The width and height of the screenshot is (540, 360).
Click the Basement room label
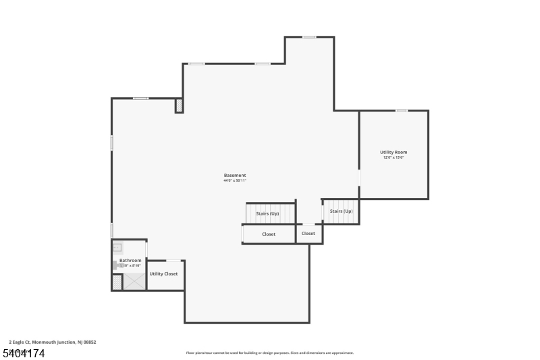(235, 176)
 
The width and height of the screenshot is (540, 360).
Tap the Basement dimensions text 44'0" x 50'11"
(235, 181)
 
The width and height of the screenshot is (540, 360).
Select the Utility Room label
(394, 152)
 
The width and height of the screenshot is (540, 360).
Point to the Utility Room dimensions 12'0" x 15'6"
(394, 157)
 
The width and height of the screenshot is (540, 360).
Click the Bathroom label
(130, 260)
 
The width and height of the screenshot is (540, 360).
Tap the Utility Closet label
(163, 274)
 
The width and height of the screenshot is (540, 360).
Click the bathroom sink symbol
(117, 248)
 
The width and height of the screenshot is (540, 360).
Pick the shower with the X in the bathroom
(134, 282)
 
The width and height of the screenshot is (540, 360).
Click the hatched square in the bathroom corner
(117, 282)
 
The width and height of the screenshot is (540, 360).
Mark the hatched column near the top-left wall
(179, 105)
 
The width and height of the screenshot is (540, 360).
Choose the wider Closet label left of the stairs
(269, 234)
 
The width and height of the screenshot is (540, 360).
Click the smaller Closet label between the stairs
(308, 234)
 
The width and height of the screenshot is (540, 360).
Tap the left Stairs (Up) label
(267, 213)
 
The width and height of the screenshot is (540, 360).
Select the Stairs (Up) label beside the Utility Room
(341, 211)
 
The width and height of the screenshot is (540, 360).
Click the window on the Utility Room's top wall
(402, 111)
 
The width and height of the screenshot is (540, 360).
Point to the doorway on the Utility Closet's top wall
(173, 261)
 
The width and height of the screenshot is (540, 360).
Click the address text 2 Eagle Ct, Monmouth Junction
(53, 342)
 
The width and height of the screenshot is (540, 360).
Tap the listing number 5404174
(24, 353)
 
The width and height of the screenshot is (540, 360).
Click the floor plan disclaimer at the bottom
(269, 353)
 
